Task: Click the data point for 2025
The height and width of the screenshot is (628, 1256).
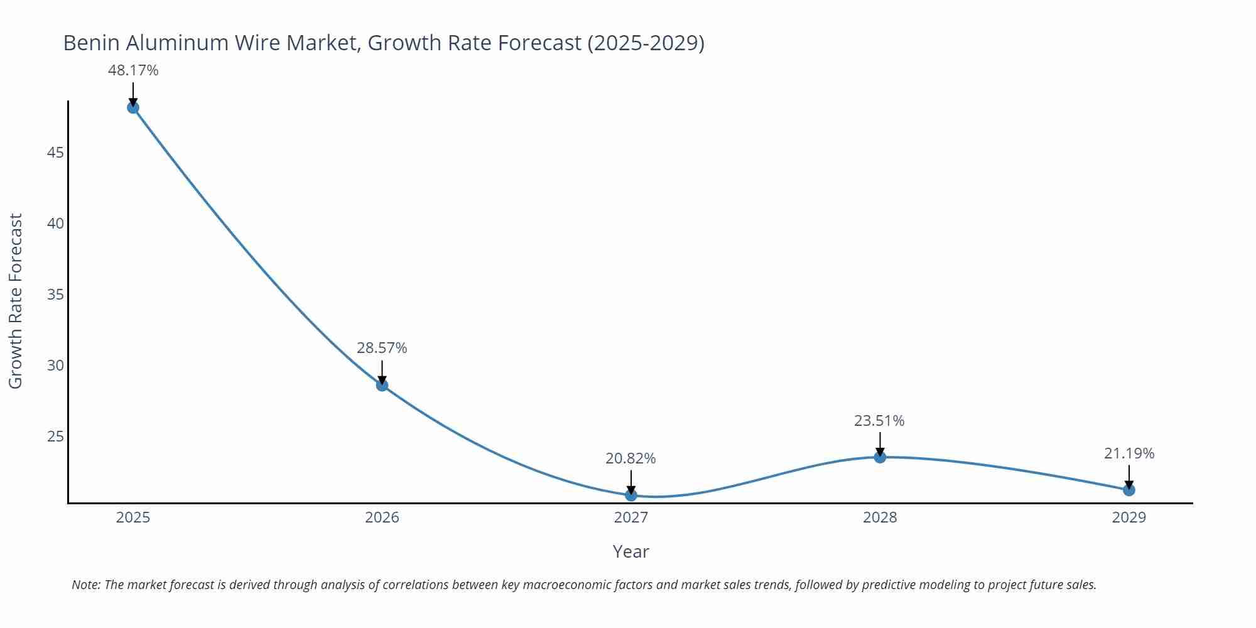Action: click(133, 107)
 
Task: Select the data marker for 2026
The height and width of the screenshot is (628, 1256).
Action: click(382, 385)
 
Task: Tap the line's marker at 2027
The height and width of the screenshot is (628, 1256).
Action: click(631, 495)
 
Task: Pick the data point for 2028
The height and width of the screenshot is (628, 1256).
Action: click(880, 457)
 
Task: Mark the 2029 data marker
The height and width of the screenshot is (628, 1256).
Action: click(1129, 490)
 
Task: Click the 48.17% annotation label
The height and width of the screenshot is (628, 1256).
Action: click(133, 70)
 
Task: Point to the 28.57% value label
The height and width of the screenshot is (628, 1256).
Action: click(382, 348)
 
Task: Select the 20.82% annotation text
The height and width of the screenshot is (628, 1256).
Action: click(631, 458)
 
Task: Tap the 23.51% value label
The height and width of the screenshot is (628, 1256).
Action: click(879, 421)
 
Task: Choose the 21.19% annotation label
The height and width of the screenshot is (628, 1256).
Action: click(1129, 453)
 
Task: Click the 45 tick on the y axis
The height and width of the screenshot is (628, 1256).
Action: click(55, 153)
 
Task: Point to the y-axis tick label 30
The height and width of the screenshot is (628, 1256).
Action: click(55, 365)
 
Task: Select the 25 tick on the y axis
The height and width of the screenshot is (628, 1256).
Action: click(55, 436)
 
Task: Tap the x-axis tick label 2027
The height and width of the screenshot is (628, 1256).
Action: click(631, 517)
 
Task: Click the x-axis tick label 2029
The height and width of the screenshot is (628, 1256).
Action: click(1129, 517)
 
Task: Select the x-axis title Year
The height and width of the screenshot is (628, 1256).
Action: click(631, 551)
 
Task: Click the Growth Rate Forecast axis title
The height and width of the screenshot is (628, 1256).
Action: click(16, 301)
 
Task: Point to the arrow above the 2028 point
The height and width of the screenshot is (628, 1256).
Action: click(880, 443)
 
